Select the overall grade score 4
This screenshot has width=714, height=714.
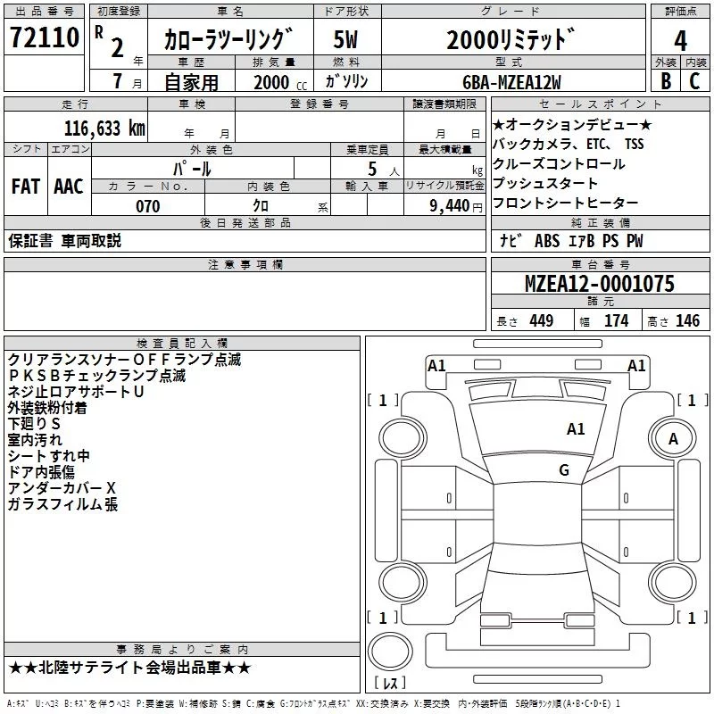pos(680,40)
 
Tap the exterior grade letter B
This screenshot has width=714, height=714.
pos(665,79)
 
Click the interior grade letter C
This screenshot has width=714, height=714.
pos(695,79)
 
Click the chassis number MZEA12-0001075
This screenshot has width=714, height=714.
pos(600,284)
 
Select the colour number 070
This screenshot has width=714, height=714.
pos(148,206)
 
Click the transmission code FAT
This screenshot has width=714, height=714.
pos(26,187)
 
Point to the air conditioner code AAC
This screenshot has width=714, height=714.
pos(69,187)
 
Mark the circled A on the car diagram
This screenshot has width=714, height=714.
pos(674,438)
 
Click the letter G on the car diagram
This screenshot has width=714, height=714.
pos(564,470)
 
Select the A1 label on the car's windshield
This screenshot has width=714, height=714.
pos(576,429)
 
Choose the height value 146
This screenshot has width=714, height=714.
pos(687,321)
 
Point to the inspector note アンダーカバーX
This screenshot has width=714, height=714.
pos(62,488)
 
